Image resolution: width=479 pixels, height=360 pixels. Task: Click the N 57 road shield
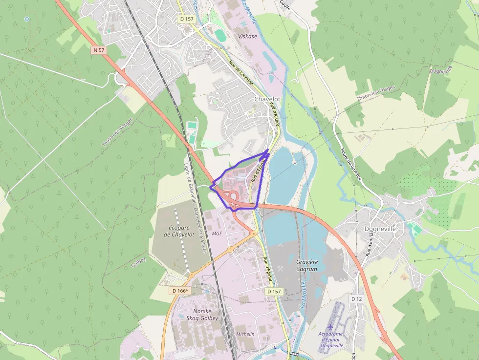tap(98, 50)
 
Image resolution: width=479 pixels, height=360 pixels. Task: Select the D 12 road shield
tap(357, 298)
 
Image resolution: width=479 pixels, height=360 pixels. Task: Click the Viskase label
tap(247, 36)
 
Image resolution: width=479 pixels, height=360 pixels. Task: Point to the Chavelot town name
tap(267, 99)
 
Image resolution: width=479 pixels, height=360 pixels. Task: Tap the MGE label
tap(217, 233)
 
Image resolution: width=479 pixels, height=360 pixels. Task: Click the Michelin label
tap(245, 334)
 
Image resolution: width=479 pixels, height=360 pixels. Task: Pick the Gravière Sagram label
tap(307, 265)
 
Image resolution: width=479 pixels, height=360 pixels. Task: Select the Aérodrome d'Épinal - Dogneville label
tap(331, 339)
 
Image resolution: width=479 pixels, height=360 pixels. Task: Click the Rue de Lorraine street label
tap(240, 72)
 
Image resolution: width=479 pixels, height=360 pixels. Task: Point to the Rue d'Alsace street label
tap(274, 117)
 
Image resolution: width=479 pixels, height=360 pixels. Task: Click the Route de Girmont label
tap(351, 164)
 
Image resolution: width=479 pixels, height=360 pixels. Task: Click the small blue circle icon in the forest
tap(27, 19)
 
